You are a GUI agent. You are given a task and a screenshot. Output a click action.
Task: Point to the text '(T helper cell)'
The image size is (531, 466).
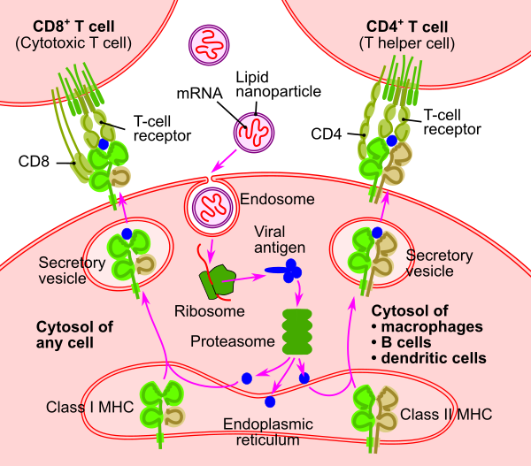(x=406, y=42)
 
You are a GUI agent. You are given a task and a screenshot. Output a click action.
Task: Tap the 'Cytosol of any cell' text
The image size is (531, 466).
(x=74, y=335)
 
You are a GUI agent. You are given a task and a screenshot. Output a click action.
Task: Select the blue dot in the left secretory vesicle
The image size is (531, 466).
(x=126, y=233)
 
